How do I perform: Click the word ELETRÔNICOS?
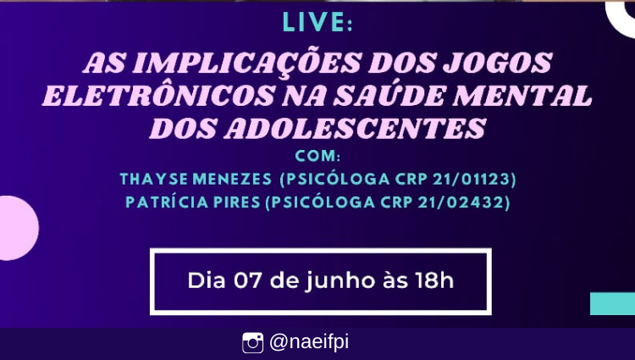tap(158, 95)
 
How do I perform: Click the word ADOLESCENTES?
tap(355, 129)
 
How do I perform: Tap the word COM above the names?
tap(316, 156)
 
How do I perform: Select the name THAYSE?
tap(154, 179)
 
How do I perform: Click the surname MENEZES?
tap(232, 179)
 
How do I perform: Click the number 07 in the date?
tap(246, 281)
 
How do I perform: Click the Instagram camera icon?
tap(252, 343)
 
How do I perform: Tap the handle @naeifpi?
tap(308, 342)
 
